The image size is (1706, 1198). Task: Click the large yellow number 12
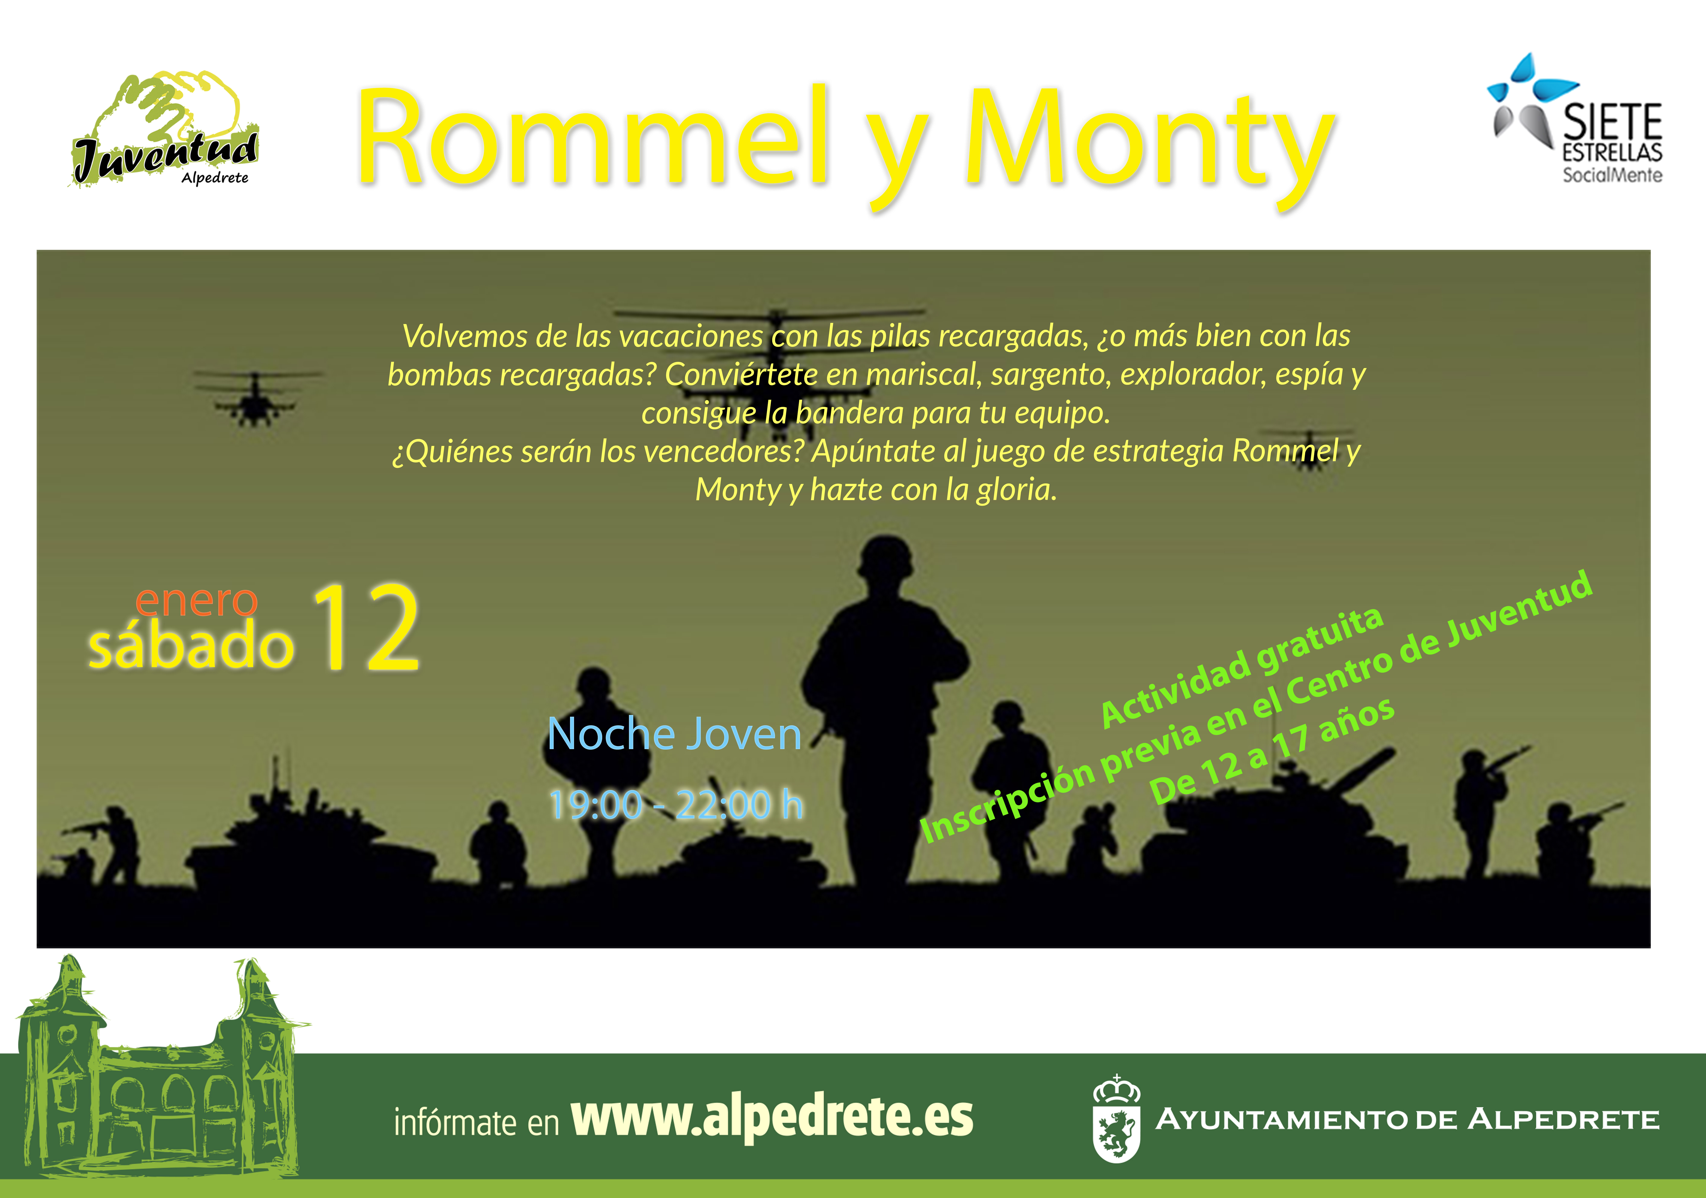coord(366,628)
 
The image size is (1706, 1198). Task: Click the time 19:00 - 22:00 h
coord(676,804)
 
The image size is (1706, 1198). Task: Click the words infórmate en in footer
coord(476,1122)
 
